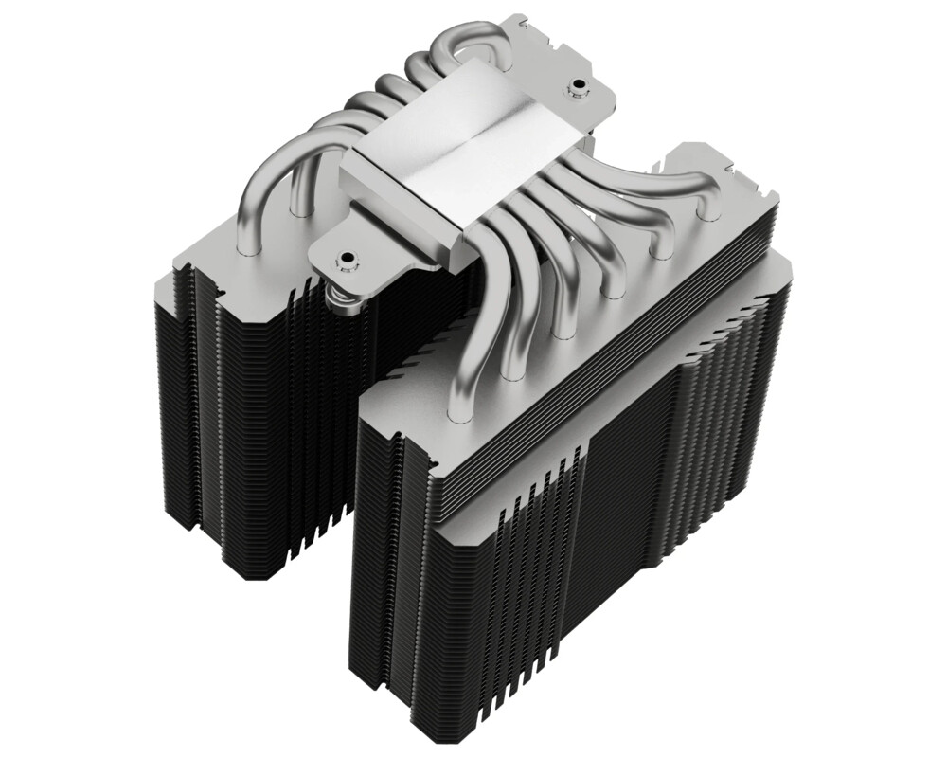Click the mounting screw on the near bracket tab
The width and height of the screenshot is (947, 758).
pyautogui.click(x=348, y=257)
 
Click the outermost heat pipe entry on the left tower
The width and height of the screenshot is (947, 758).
pyautogui.click(x=248, y=248)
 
